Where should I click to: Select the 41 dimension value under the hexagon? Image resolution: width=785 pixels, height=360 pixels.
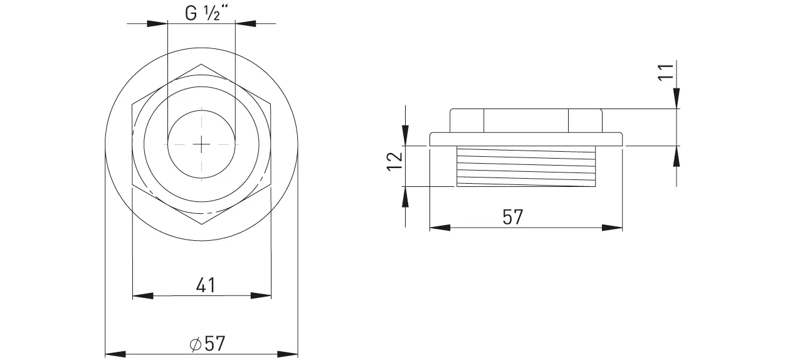point(205,285)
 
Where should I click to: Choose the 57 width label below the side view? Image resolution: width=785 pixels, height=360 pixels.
point(512,217)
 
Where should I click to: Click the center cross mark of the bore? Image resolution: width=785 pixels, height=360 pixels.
point(201,144)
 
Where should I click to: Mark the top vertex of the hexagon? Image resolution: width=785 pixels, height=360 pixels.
point(201,63)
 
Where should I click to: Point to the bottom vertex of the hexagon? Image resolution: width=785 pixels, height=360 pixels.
point(201,225)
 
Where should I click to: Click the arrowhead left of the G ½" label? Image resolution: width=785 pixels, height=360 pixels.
point(157,24)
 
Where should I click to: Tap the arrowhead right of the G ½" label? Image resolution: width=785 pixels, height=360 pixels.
point(245,24)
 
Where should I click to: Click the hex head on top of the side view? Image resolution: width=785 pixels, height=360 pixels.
point(525,120)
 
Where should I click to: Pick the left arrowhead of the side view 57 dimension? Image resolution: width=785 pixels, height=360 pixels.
point(440,228)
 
